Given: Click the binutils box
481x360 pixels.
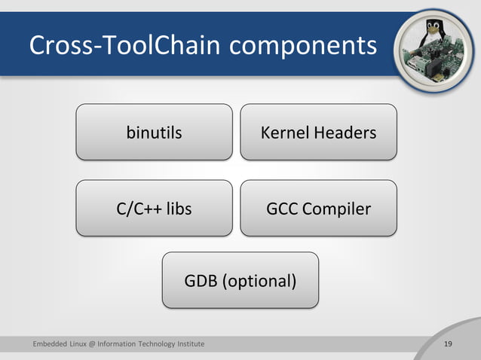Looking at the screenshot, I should pos(154,132).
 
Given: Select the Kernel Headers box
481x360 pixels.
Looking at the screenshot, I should pos(318,132).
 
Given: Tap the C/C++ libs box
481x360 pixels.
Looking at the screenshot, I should pos(154,208).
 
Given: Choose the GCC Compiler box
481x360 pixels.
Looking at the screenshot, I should pos(318,208).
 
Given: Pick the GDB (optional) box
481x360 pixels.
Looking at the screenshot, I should pos(240,280).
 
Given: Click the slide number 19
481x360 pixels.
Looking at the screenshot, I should pos(448,344).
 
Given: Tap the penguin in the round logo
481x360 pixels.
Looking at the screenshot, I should pos(433,33).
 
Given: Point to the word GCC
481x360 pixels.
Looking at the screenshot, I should pos(283,209).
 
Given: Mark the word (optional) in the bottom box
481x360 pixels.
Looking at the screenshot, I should pos(259,282).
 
